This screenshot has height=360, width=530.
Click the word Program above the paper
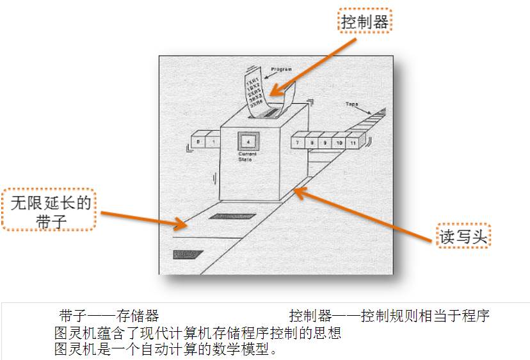[281, 68]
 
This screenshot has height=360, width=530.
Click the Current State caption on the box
[247, 156]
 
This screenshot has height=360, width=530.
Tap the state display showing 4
[247, 142]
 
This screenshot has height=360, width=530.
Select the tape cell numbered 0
[198, 141]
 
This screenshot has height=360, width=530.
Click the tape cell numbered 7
[298, 142]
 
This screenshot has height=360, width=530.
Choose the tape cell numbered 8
[311, 142]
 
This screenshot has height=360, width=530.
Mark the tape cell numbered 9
[325, 142]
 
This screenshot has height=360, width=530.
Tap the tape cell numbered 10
[339, 142]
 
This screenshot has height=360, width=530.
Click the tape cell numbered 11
[354, 142]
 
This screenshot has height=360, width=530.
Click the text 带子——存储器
[109, 315]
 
